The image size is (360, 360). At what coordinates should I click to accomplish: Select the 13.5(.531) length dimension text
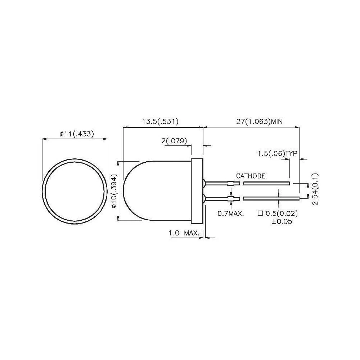coord(161,122)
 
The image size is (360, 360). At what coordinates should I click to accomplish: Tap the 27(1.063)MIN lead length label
coord(259,122)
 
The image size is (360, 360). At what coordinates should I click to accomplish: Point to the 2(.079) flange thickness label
coord(174,141)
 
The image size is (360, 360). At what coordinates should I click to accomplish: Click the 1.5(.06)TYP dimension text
coord(277,154)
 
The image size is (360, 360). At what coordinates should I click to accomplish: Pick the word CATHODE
coord(251,176)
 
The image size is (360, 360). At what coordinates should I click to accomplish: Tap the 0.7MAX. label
coord(231,213)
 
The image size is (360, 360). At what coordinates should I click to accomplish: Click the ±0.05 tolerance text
coord(281,222)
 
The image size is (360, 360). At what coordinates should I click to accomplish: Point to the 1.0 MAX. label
coord(184,233)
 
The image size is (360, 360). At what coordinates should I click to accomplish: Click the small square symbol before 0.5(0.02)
coord(260,213)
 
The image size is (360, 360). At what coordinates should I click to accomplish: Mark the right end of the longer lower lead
coord(298,198)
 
